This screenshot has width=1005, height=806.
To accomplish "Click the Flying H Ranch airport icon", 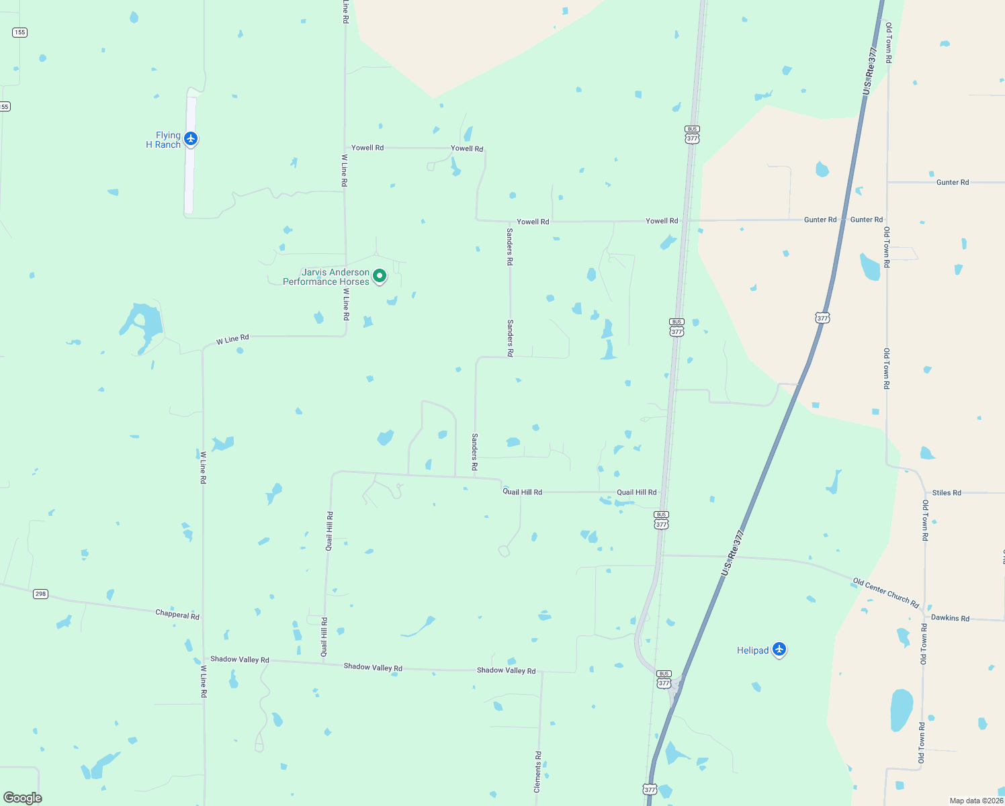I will (x=191, y=138).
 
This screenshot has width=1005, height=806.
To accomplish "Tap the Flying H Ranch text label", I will (x=163, y=140).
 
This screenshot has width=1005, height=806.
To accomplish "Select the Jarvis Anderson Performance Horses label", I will (x=326, y=277).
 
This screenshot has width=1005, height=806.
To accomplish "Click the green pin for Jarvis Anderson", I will (x=380, y=276).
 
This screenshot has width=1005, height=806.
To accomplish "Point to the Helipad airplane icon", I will (x=779, y=649).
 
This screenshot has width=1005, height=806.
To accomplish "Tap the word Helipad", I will (x=752, y=650).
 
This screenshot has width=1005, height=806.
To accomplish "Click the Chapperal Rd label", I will (x=177, y=615).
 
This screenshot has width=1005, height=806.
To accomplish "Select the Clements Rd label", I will (x=538, y=772).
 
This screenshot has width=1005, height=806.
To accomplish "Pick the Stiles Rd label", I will (x=947, y=493).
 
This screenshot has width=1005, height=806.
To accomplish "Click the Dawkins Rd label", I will (x=950, y=618).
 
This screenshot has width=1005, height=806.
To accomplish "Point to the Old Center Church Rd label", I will (x=886, y=592).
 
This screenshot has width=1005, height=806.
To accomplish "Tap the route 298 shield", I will (x=41, y=594).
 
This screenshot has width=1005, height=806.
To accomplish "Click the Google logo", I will (x=23, y=798).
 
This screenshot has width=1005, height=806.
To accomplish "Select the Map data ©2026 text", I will (x=975, y=801).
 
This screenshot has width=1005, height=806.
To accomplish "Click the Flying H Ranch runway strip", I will (x=190, y=175).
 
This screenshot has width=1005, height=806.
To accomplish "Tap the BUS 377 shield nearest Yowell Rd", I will (x=693, y=134).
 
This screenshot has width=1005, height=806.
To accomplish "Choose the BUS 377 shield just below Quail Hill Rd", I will (x=662, y=521).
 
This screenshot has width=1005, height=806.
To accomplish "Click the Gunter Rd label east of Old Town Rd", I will (x=953, y=182).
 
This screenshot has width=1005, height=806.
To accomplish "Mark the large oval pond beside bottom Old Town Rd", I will (x=902, y=710).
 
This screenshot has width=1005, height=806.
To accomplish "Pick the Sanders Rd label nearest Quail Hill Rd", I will (x=475, y=451).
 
